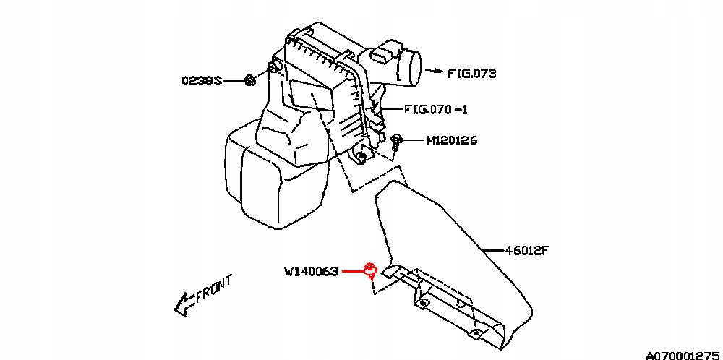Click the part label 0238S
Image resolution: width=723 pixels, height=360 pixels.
point(202,81)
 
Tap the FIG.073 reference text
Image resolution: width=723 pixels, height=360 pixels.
point(471,73)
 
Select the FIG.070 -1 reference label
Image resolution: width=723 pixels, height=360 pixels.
point(436,110)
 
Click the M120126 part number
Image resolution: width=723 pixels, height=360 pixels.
point(451,140)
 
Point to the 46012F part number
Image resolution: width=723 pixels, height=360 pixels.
point(528,251)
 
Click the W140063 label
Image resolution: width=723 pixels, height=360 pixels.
point(311,272)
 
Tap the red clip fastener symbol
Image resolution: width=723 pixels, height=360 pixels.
point(371,270)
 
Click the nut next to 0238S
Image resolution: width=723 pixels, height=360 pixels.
point(250,81)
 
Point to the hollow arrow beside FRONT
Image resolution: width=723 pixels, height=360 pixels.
point(184,304)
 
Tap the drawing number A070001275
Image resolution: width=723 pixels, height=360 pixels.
point(684,355)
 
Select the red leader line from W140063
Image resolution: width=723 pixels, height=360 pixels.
point(353,272)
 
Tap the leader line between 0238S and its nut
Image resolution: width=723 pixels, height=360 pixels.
point(234,81)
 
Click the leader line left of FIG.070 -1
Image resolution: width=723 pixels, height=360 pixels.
point(391,110)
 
